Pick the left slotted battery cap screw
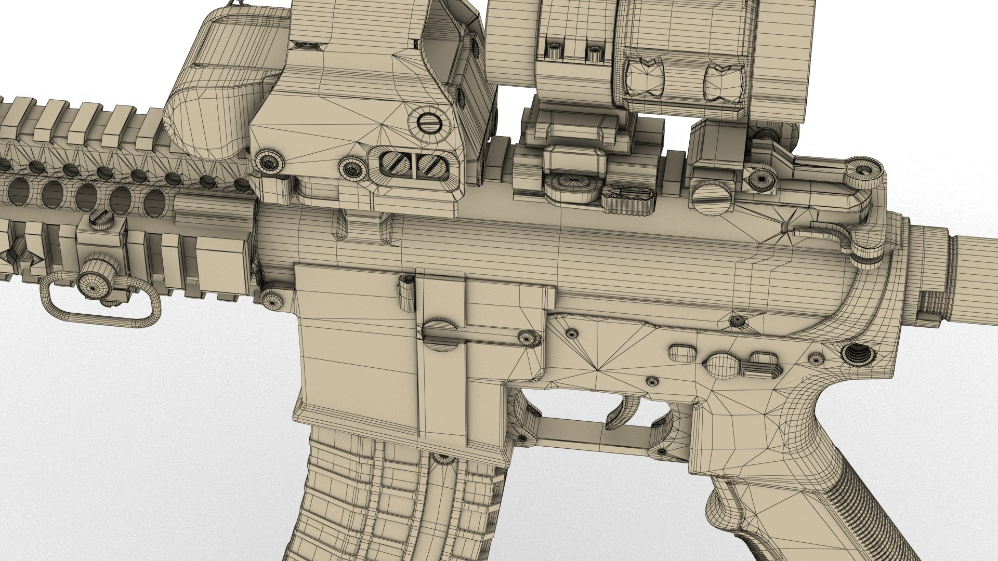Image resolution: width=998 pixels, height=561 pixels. [x=395, y=164]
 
